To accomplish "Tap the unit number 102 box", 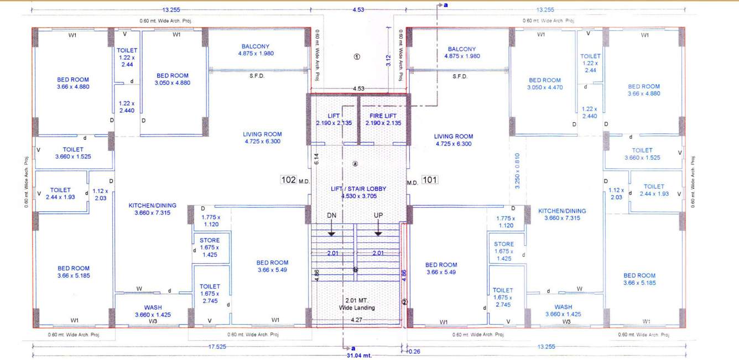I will pos(288,180).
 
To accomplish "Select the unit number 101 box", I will pos(430,179).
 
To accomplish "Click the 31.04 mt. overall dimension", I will pos(359,356).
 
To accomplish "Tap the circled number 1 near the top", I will pos(357,56).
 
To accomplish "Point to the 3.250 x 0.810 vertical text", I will pos(518,171).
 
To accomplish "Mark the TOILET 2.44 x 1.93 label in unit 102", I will pos(60,194).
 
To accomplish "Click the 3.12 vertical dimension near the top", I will pos(388,60).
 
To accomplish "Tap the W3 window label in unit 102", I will pos(153,321).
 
